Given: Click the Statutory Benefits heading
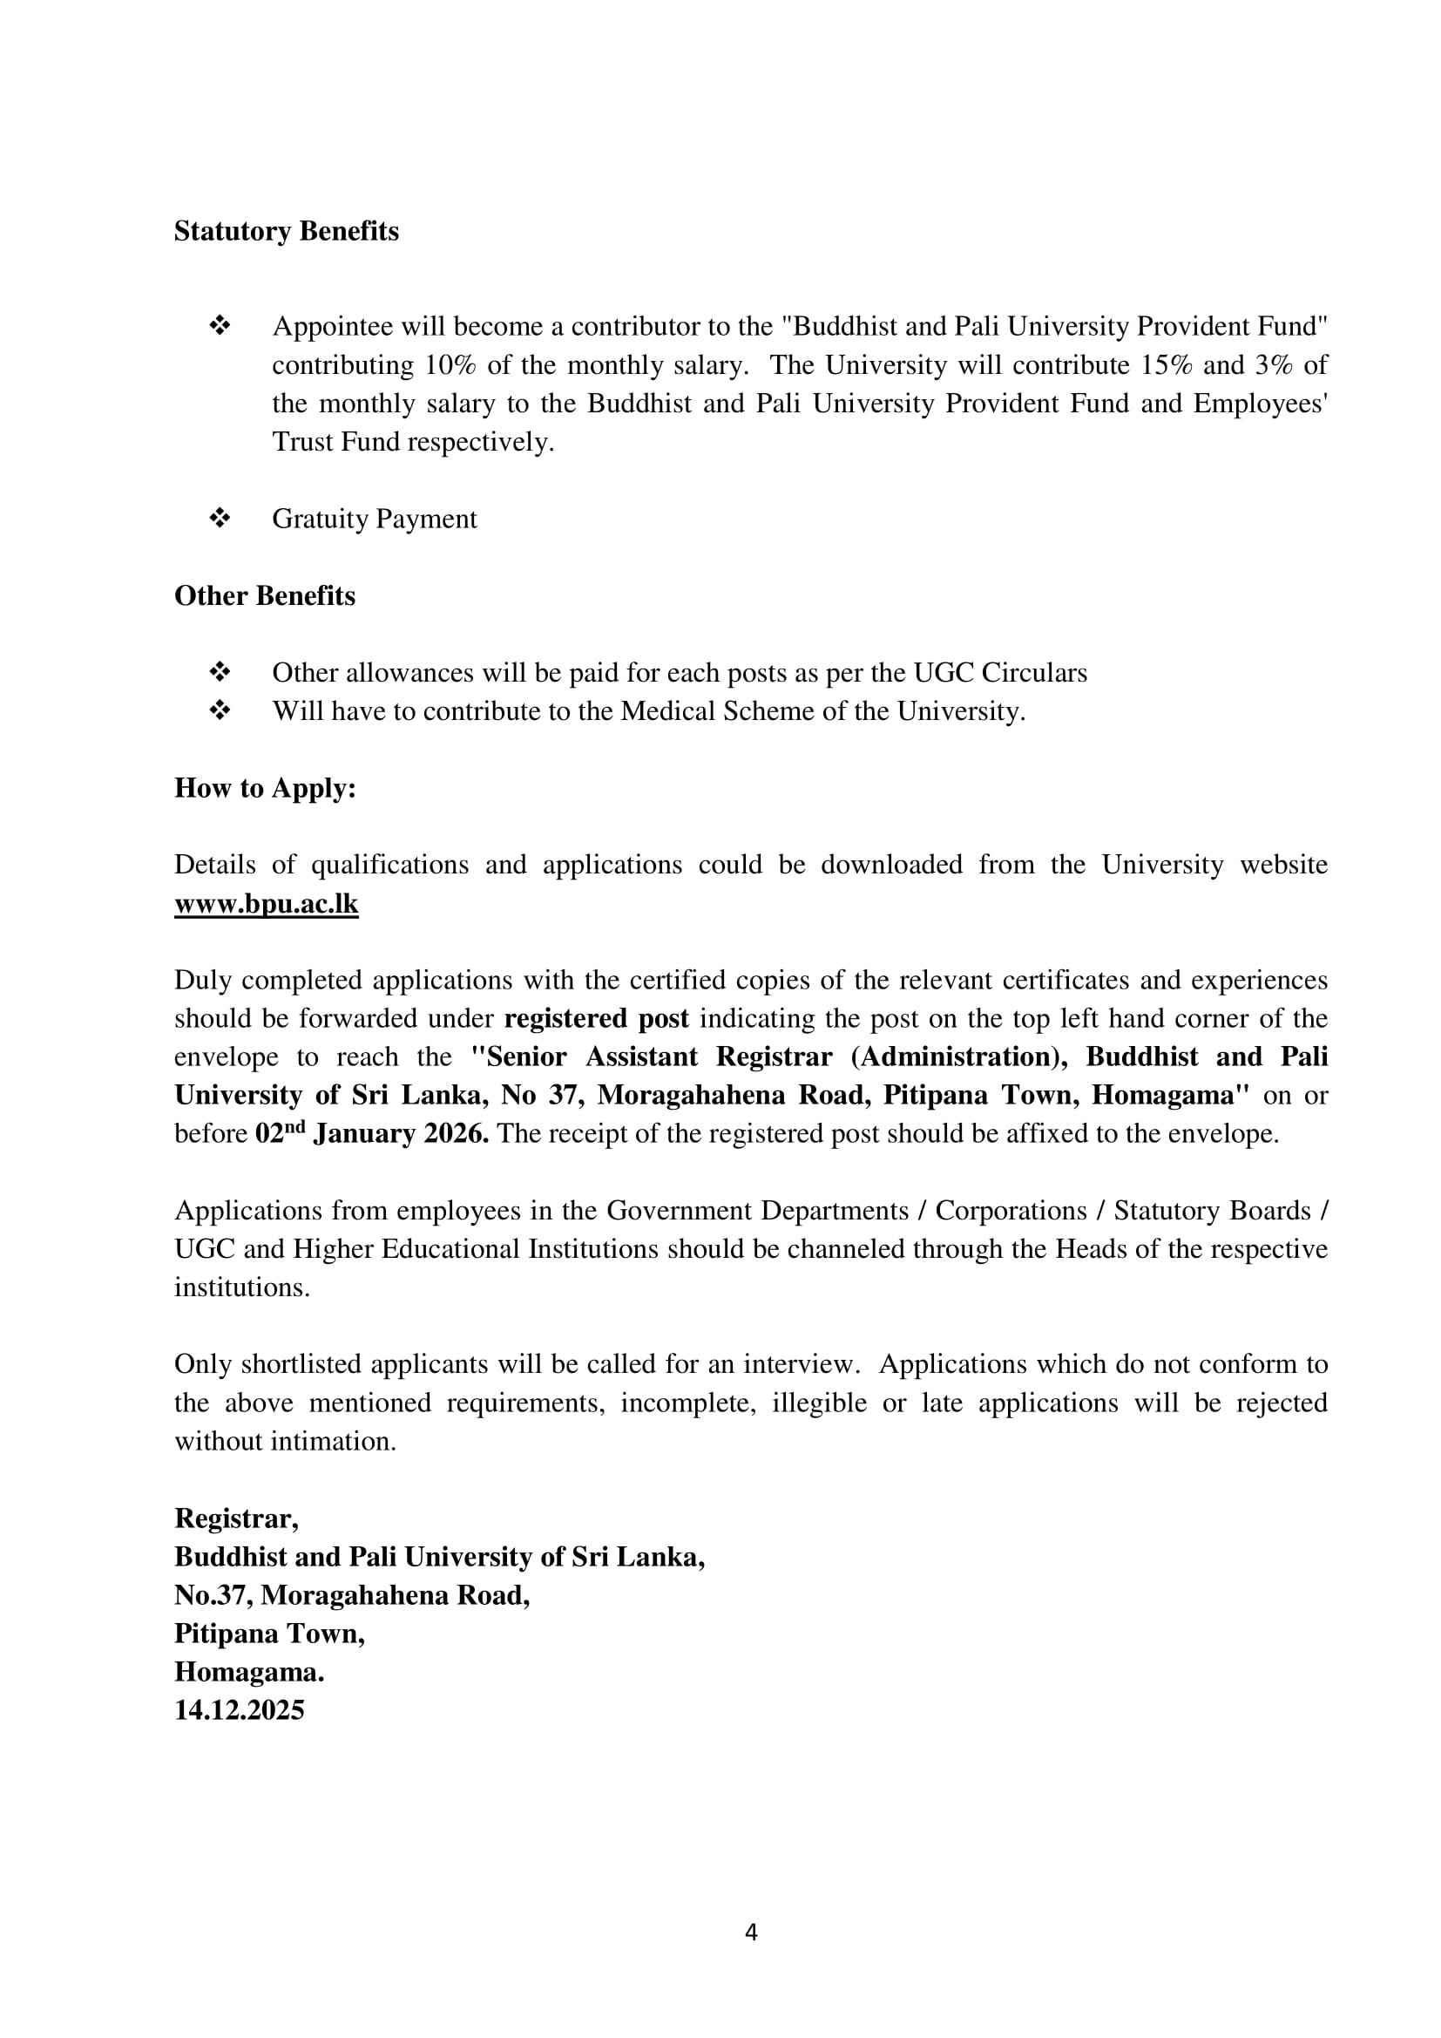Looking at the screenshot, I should tap(286, 232).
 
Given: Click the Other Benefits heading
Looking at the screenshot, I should tap(265, 595).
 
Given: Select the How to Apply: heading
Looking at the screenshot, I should tap(265, 788).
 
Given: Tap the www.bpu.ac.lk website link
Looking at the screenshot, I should tap(267, 904).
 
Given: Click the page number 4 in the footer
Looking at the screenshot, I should tap(751, 1933).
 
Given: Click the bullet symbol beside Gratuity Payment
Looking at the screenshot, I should tap(220, 519).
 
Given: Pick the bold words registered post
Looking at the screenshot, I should tap(596, 1018).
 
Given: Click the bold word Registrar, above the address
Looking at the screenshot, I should tap(236, 1518).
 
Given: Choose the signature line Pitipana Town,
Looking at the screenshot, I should tap(269, 1634).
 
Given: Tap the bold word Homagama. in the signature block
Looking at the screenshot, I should tap(249, 1672).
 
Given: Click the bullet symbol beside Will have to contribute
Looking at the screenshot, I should tap(220, 711).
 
